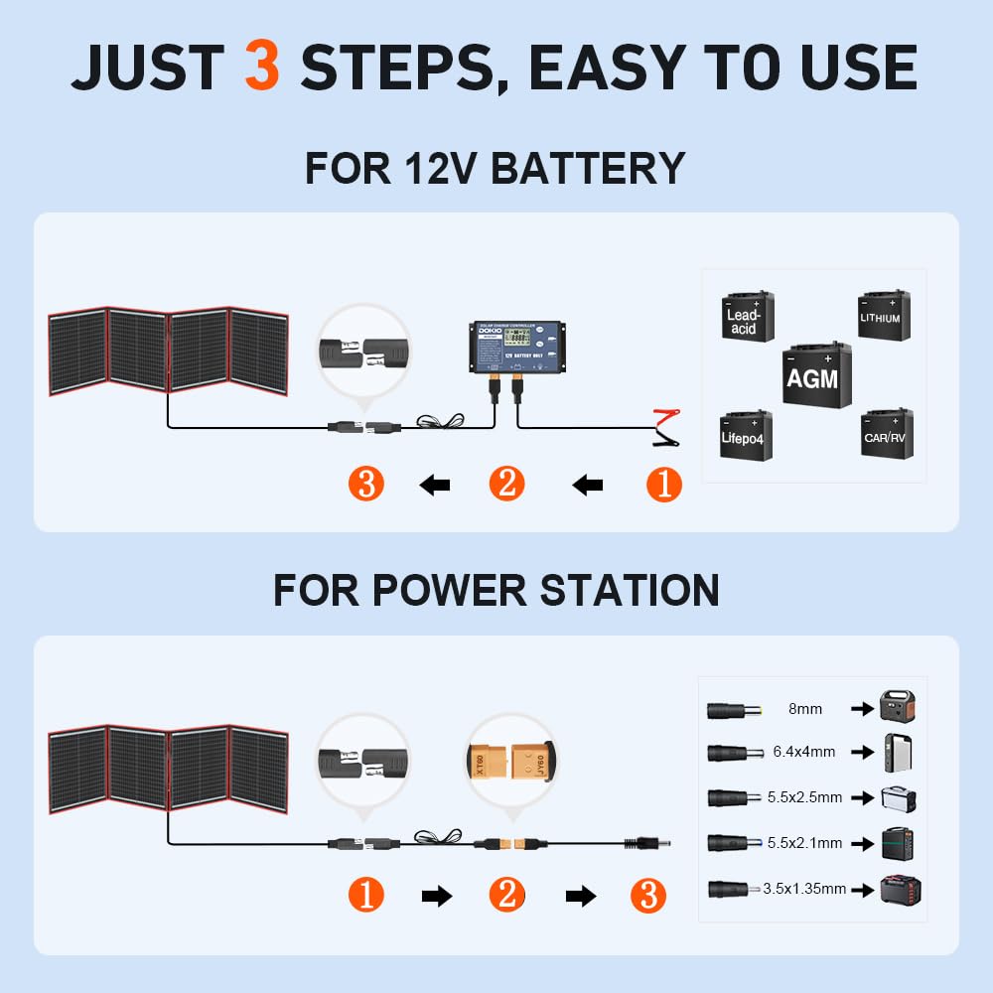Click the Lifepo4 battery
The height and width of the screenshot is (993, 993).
coord(745,434)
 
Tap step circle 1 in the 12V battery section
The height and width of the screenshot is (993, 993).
coord(664,485)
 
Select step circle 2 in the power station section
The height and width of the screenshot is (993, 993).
coord(506,897)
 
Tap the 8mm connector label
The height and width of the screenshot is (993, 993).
coord(805,709)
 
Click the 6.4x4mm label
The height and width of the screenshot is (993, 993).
coord(804,752)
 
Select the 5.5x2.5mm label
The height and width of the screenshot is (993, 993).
coord(804,796)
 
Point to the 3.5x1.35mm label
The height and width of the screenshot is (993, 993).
coord(804,889)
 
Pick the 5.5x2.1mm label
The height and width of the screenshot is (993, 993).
coord(804,842)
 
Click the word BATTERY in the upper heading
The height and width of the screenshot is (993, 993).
coord(588,168)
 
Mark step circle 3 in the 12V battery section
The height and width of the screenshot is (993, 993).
coord(366,485)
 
